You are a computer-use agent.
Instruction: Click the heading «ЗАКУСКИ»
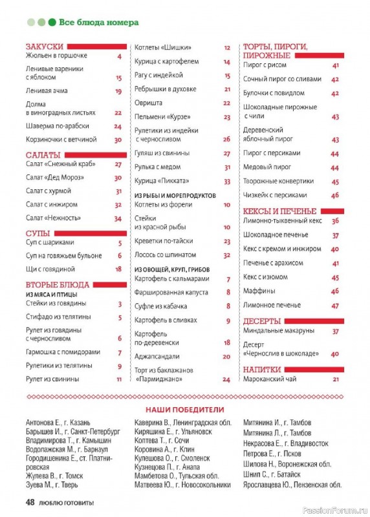pos(45,47)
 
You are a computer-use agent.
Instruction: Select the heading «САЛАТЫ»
pos(43,154)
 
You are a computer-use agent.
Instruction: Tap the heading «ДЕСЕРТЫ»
pos(261,321)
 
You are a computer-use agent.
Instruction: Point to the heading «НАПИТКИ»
pos(262,369)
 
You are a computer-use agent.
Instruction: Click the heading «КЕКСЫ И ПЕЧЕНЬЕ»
pos(279,211)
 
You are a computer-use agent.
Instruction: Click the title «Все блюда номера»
pos(98,22)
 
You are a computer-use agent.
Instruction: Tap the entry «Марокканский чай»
pos(272,379)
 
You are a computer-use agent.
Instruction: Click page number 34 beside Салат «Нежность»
pos(118,218)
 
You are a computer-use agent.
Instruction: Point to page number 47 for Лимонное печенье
pos(335,305)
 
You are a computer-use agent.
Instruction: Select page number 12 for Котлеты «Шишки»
pos(227,48)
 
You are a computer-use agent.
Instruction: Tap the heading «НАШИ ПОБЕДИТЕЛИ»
pos(184,409)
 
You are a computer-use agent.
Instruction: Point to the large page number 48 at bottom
pos(29,502)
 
